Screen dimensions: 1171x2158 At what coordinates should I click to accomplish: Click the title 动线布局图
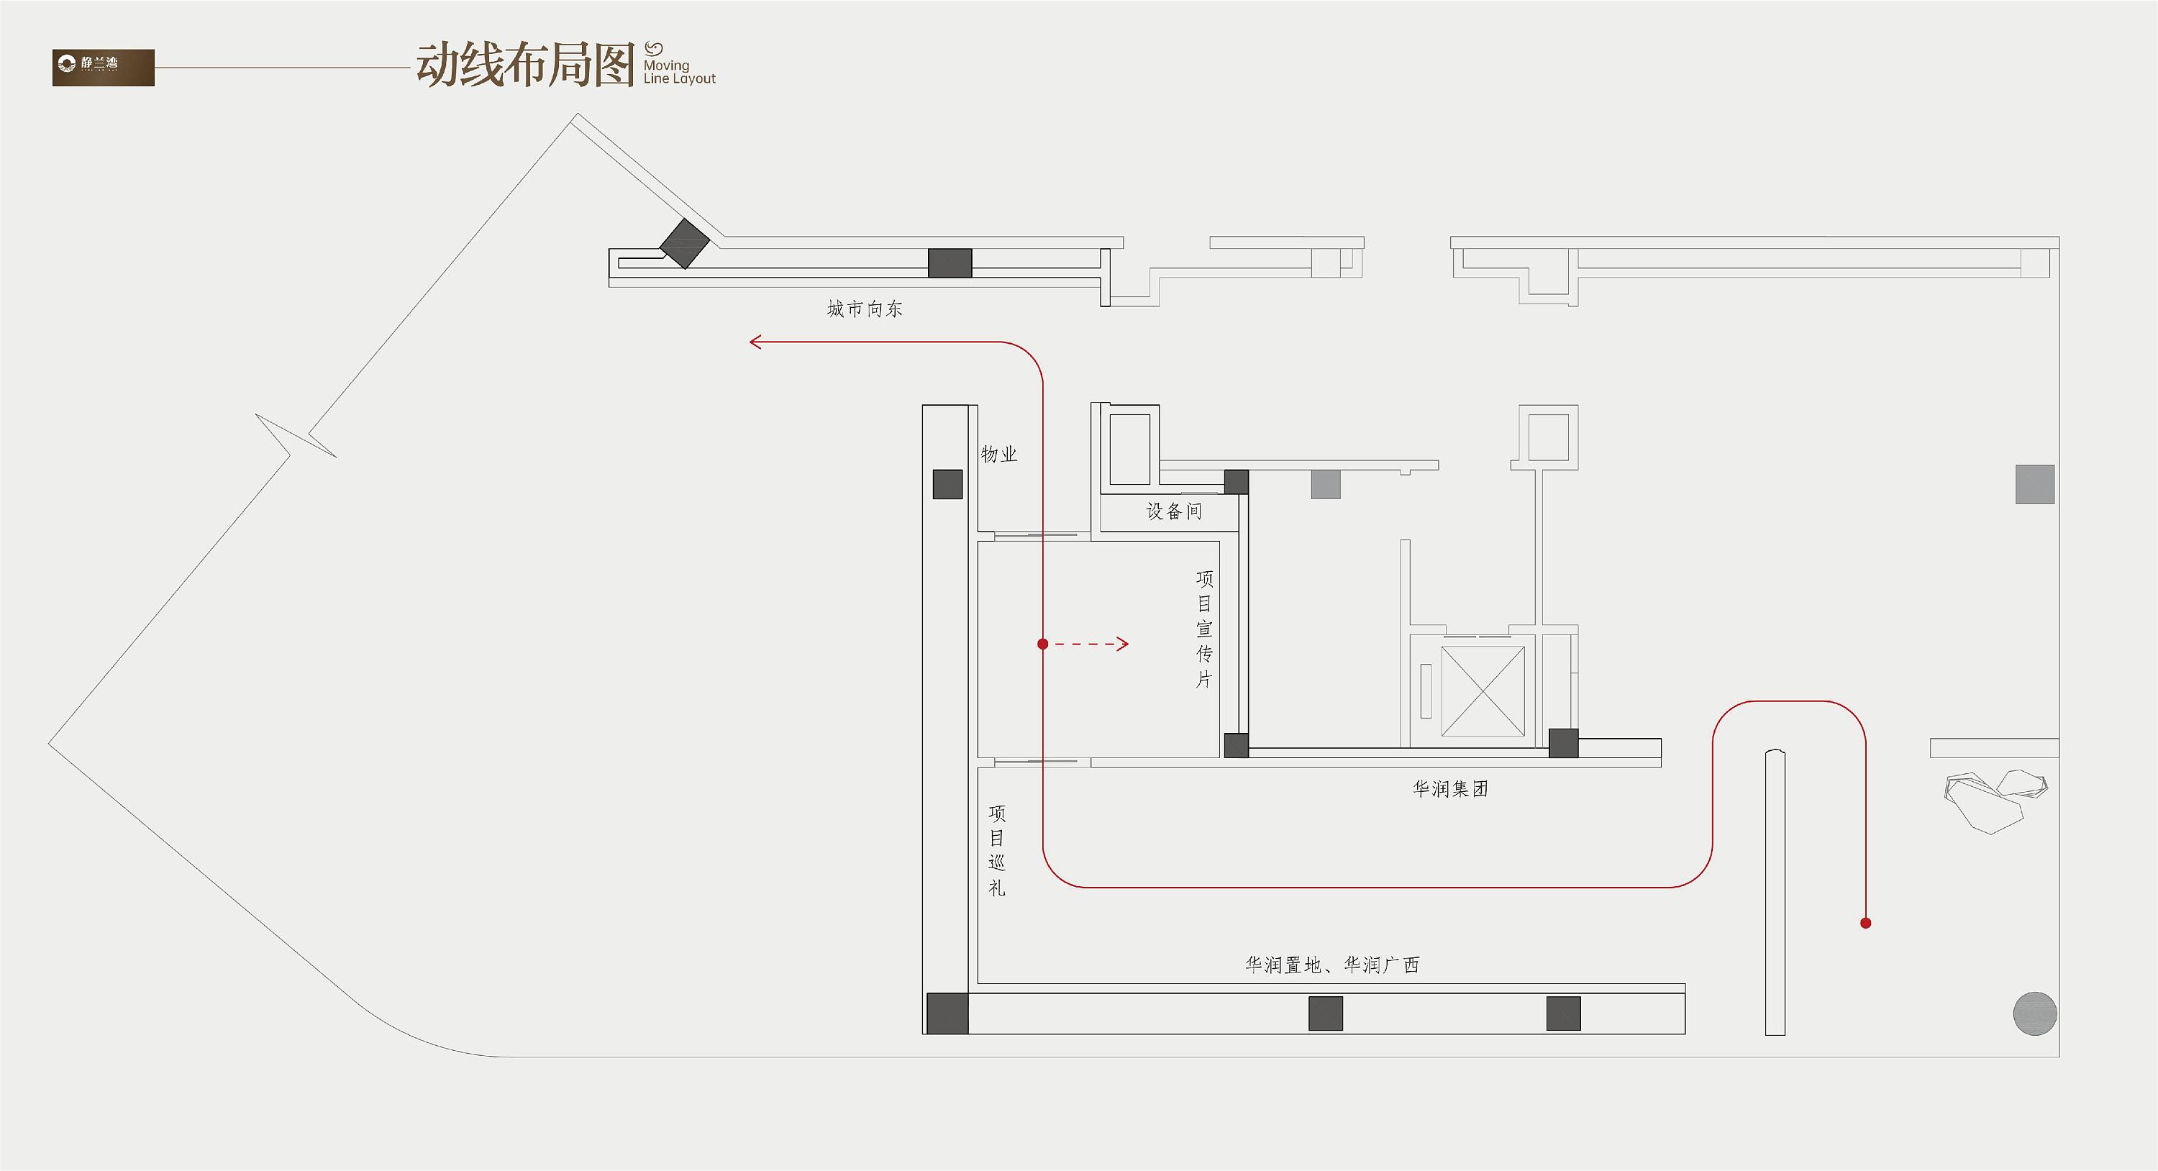click(x=524, y=66)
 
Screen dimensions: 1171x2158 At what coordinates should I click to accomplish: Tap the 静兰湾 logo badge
click(x=103, y=67)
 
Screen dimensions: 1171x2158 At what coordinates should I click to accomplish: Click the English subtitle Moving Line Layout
click(x=678, y=71)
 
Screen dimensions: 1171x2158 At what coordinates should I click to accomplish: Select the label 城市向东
click(x=865, y=309)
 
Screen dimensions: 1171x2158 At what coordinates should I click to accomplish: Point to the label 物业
click(x=998, y=454)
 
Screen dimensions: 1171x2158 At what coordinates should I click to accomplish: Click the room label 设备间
click(x=1174, y=511)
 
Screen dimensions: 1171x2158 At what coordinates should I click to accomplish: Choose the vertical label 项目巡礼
click(x=997, y=850)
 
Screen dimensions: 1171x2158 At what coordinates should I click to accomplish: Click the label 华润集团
click(x=1450, y=789)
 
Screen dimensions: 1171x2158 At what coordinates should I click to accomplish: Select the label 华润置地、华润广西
click(x=1332, y=965)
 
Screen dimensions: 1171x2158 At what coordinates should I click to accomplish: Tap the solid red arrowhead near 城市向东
click(x=755, y=342)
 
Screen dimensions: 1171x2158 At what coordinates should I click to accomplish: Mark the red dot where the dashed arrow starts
click(x=1042, y=644)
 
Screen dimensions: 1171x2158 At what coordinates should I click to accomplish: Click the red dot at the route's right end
click(x=1866, y=923)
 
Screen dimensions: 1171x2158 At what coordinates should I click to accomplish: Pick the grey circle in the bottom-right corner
click(x=2035, y=1013)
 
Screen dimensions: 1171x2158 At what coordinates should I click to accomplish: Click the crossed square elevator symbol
click(x=1482, y=691)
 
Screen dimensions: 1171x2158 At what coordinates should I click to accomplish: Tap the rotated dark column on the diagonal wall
click(x=684, y=244)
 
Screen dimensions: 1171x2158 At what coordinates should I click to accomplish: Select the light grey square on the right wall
click(x=2035, y=484)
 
